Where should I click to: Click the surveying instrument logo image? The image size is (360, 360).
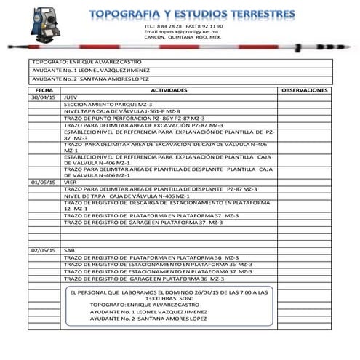pyautogui.click(x=43, y=28)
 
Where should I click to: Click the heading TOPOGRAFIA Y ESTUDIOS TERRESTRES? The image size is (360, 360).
pyautogui.click(x=192, y=14)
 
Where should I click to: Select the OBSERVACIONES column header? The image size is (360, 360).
pyautogui.click(x=304, y=89)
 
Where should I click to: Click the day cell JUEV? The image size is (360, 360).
pyautogui.click(x=71, y=97)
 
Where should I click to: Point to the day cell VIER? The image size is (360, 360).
pyautogui.click(x=71, y=182)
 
